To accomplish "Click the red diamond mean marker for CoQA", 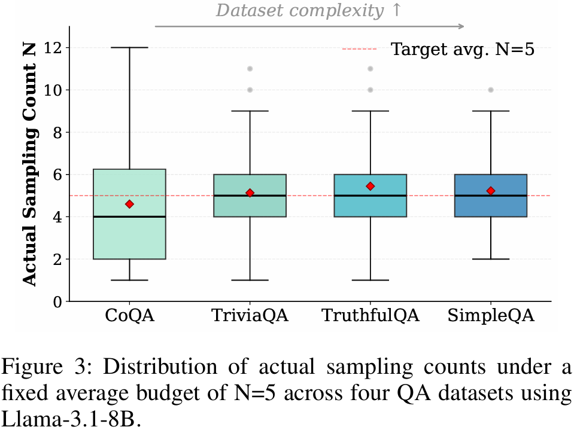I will [x=129, y=204].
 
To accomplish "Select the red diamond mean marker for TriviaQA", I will [x=250, y=193].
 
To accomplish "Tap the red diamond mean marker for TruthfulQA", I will [x=370, y=186].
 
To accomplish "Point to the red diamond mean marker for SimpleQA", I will [x=491, y=191].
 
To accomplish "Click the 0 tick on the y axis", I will [x=58, y=301].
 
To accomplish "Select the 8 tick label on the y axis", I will [x=58, y=132].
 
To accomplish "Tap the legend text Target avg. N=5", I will [x=462, y=49].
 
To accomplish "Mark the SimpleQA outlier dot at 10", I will [x=491, y=90].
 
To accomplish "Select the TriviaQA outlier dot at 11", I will [x=250, y=69].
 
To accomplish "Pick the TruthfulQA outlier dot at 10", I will [x=370, y=90].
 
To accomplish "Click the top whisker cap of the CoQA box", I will [x=129, y=47].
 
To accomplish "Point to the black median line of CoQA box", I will [x=129, y=216].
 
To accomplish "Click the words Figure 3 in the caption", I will [x=38, y=366].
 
